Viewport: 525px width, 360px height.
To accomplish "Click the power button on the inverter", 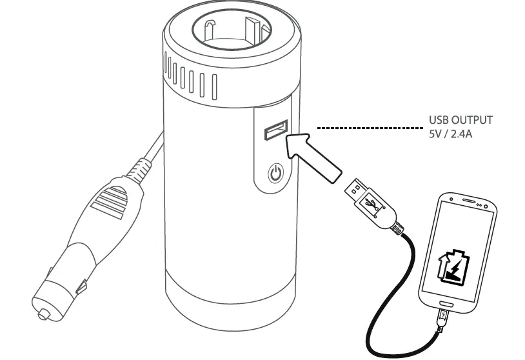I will point(275,173).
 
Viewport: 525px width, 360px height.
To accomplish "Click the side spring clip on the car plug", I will point(82,285).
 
